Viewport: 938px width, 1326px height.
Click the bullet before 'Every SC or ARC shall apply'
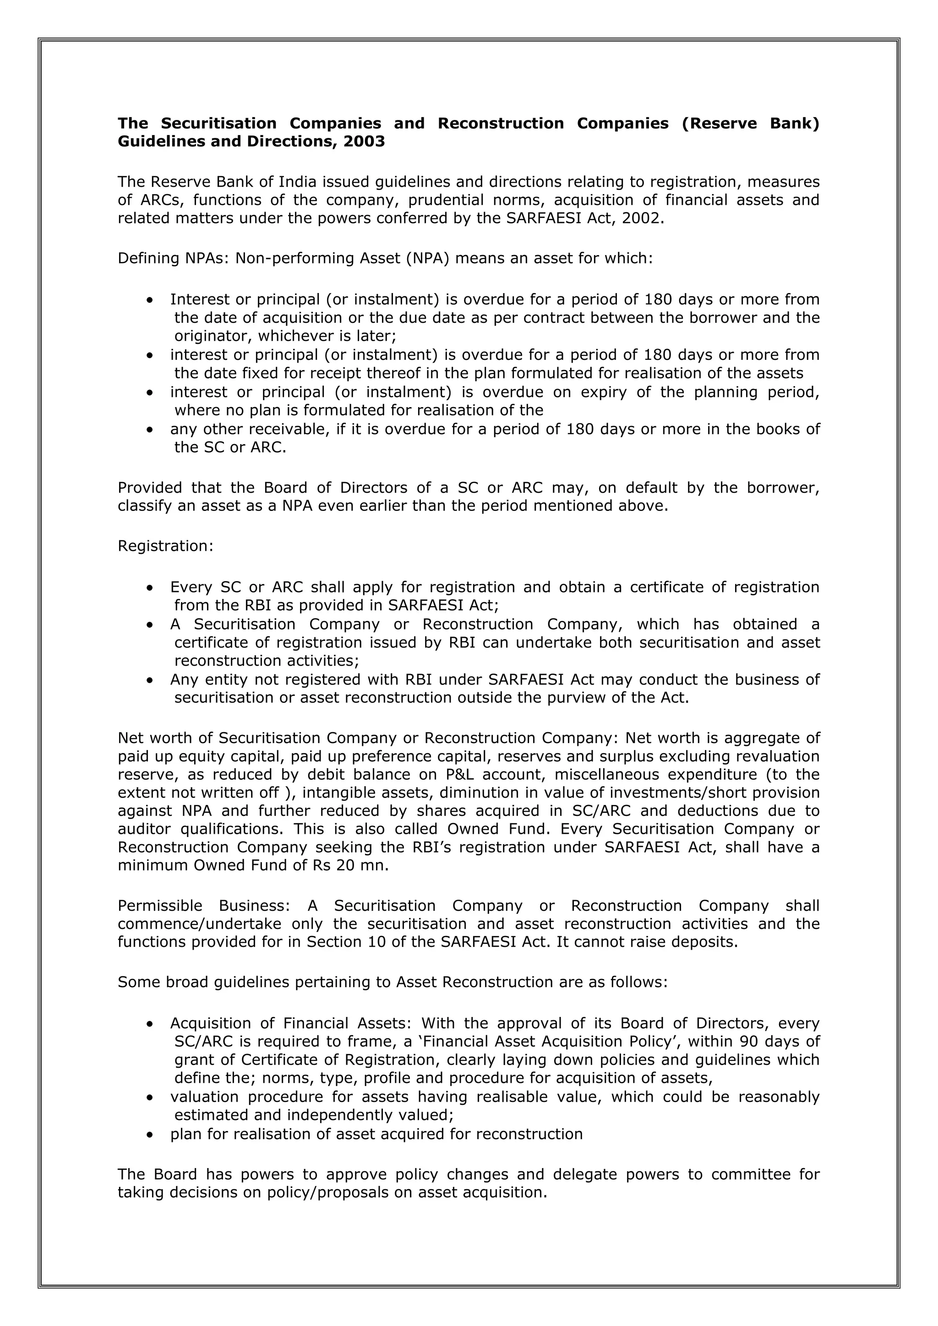(150, 588)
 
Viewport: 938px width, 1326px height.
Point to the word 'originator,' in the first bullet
(214, 336)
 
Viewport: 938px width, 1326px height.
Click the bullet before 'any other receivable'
(150, 429)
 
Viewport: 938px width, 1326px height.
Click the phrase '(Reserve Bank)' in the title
(750, 124)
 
